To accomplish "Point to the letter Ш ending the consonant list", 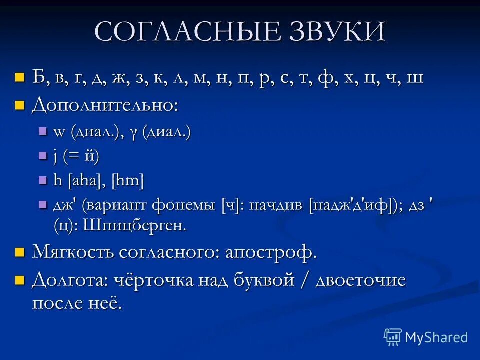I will coord(415,78).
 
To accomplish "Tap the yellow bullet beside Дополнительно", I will coord(19,104).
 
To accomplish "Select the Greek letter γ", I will coord(133,132).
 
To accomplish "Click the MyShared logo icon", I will coord(392,337).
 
